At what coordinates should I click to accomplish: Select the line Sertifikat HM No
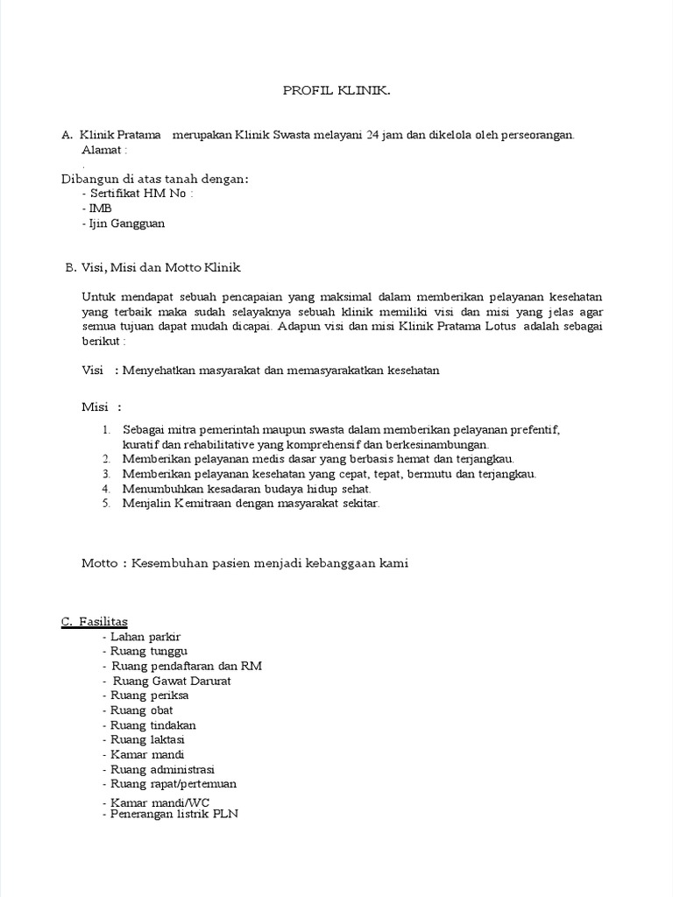point(138,194)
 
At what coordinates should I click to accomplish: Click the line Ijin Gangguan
point(124,223)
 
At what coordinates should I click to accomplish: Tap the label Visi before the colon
point(93,371)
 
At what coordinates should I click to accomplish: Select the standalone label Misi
point(95,407)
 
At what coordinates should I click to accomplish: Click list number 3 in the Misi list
point(106,474)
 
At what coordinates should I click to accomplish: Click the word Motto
point(100,563)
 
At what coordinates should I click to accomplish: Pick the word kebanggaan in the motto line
point(336,563)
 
